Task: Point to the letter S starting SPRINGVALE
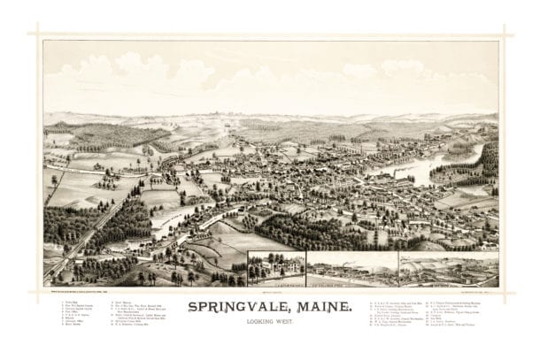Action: [x=193, y=310]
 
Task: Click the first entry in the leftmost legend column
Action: [x=69, y=301]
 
